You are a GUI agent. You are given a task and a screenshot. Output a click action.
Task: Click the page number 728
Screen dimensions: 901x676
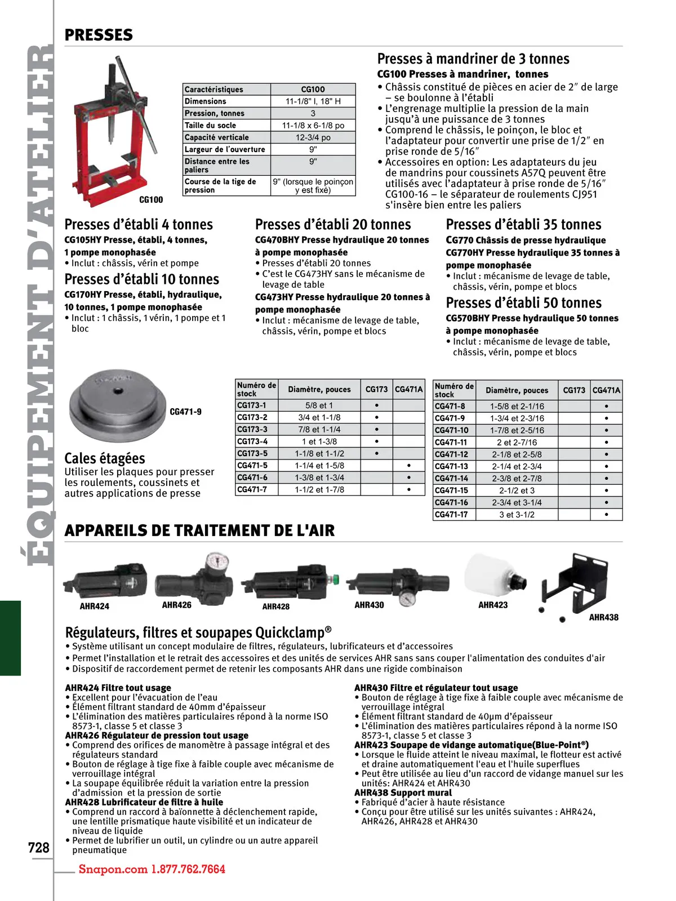(39, 848)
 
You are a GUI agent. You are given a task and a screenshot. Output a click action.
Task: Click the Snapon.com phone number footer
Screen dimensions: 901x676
(152, 869)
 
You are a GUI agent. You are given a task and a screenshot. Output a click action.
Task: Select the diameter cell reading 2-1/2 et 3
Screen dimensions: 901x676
(517, 490)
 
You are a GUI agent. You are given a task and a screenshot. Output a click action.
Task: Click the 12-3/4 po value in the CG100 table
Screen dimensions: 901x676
(313, 137)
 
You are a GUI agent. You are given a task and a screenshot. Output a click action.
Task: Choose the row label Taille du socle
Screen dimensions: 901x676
(211, 126)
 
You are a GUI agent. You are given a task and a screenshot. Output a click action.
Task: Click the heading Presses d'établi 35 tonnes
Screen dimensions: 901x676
(523, 225)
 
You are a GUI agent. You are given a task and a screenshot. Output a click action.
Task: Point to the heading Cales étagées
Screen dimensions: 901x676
(105, 458)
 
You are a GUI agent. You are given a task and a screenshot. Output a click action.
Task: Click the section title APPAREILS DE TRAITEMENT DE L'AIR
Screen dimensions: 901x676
(199, 530)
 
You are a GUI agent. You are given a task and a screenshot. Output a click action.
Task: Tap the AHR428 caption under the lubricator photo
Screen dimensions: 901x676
(275, 606)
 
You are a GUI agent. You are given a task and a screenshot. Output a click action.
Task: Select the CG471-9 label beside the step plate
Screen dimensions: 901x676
(185, 412)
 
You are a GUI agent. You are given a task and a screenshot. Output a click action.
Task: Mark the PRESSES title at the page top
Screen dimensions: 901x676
(99, 35)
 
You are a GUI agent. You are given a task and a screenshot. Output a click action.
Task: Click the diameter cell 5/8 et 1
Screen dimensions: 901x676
(319, 405)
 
